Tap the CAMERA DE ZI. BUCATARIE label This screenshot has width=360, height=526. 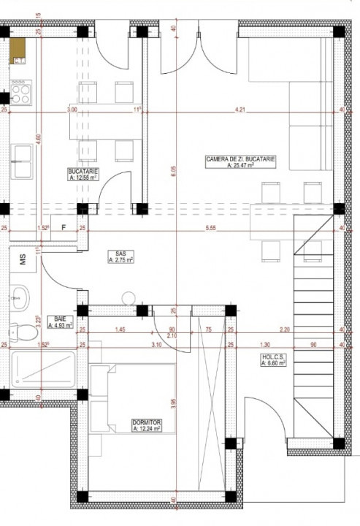(229, 162)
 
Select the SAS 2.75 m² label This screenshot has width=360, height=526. (119, 256)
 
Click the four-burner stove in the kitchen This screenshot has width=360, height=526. (20, 94)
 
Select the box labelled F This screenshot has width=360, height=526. (64, 228)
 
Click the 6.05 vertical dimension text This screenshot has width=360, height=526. (174, 172)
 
